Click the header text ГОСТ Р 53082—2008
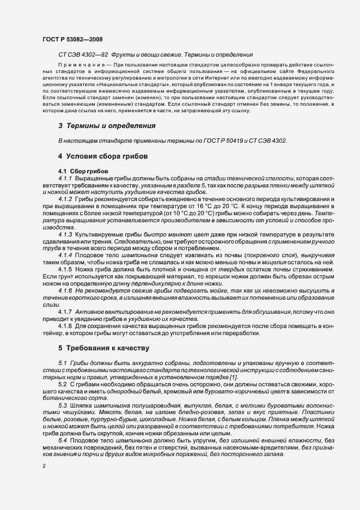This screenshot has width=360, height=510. click(72, 39)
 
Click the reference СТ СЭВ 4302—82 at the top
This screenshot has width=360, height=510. click(84, 56)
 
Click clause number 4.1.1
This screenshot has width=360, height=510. click(65, 178)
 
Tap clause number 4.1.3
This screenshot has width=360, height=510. click(65, 232)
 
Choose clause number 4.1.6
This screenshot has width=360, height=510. click(65, 291)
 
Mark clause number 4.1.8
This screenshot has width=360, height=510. click(65, 326)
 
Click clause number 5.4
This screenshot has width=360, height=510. click(62, 440)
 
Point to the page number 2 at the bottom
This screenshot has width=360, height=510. click(44, 466)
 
